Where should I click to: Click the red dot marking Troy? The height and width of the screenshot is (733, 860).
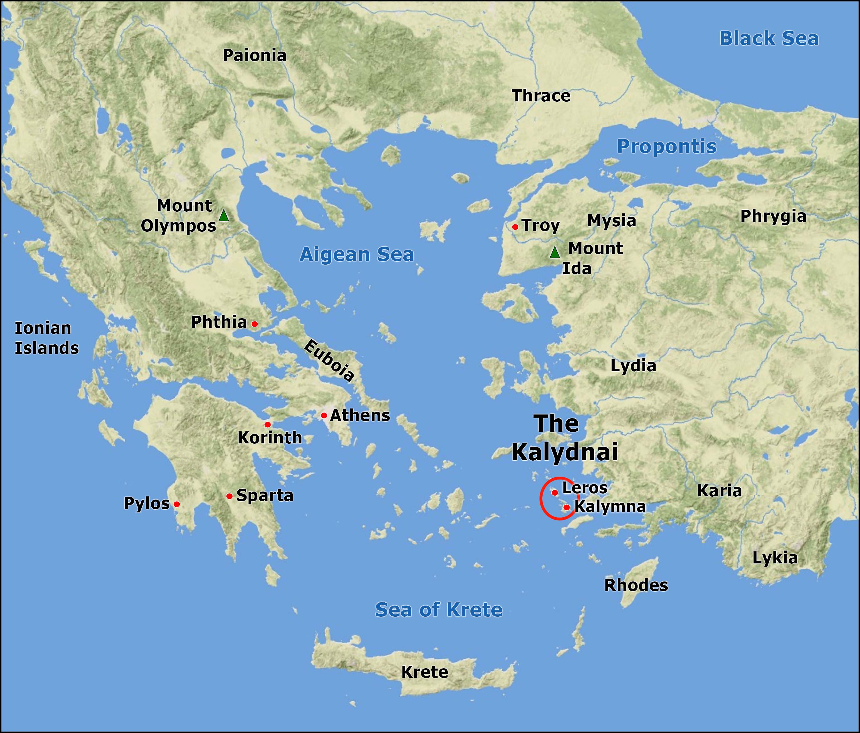point(515,227)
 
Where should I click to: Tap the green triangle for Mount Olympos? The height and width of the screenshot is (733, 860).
point(224,216)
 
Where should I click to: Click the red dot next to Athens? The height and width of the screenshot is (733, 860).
point(324,415)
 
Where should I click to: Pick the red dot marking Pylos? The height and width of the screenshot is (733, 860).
point(177,504)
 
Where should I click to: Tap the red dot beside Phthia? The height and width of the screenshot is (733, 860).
point(255,324)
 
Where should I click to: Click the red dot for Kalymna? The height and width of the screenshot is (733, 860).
point(566,507)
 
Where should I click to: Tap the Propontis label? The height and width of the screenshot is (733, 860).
point(666,146)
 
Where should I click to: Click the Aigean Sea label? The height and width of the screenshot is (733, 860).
point(357,254)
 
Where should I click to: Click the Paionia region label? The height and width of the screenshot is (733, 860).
point(255,56)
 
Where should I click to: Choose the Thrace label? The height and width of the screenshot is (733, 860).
point(541,96)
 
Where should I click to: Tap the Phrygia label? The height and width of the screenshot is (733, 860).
point(773,216)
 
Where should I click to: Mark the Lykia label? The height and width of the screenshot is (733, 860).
point(775,558)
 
